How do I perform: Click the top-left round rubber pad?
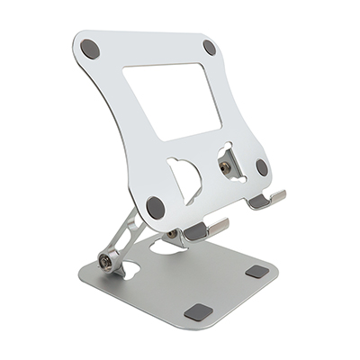pyautogui.click(x=90, y=49)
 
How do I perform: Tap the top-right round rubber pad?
pyautogui.click(x=210, y=47)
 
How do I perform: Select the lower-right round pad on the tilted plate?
pyautogui.click(x=261, y=167)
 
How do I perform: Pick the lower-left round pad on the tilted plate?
pyautogui.click(x=155, y=207)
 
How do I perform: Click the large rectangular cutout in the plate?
pyautogui.click(x=171, y=99)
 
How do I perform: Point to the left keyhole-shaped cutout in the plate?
pyautogui.click(x=186, y=175)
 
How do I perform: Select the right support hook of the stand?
pyautogui.click(x=266, y=199)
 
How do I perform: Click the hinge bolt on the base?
pyautogui.click(x=106, y=262)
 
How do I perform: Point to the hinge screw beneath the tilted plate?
pyautogui.click(x=173, y=235)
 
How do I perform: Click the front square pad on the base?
pyautogui.click(x=198, y=312)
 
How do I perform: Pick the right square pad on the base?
pyautogui.click(x=257, y=271)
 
